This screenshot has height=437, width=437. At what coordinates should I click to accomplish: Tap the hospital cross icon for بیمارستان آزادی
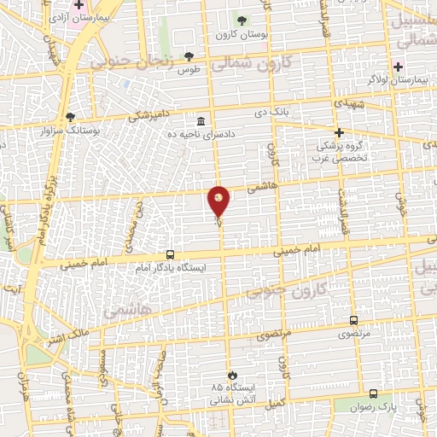(79, 5)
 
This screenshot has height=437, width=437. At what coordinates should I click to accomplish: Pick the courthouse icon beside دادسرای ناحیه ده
(201, 119)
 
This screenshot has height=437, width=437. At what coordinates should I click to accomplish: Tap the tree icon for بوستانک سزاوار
(70, 117)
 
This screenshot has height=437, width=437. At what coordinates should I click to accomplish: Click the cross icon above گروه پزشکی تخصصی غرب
(339, 132)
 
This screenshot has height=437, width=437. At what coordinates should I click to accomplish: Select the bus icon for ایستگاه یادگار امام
(170, 254)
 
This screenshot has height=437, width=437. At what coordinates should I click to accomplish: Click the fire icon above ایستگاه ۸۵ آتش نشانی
(230, 374)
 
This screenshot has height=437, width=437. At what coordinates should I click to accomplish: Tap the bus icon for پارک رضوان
(374, 393)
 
